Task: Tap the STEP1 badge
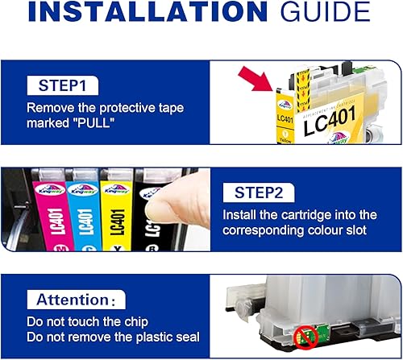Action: click(x=64, y=85)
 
